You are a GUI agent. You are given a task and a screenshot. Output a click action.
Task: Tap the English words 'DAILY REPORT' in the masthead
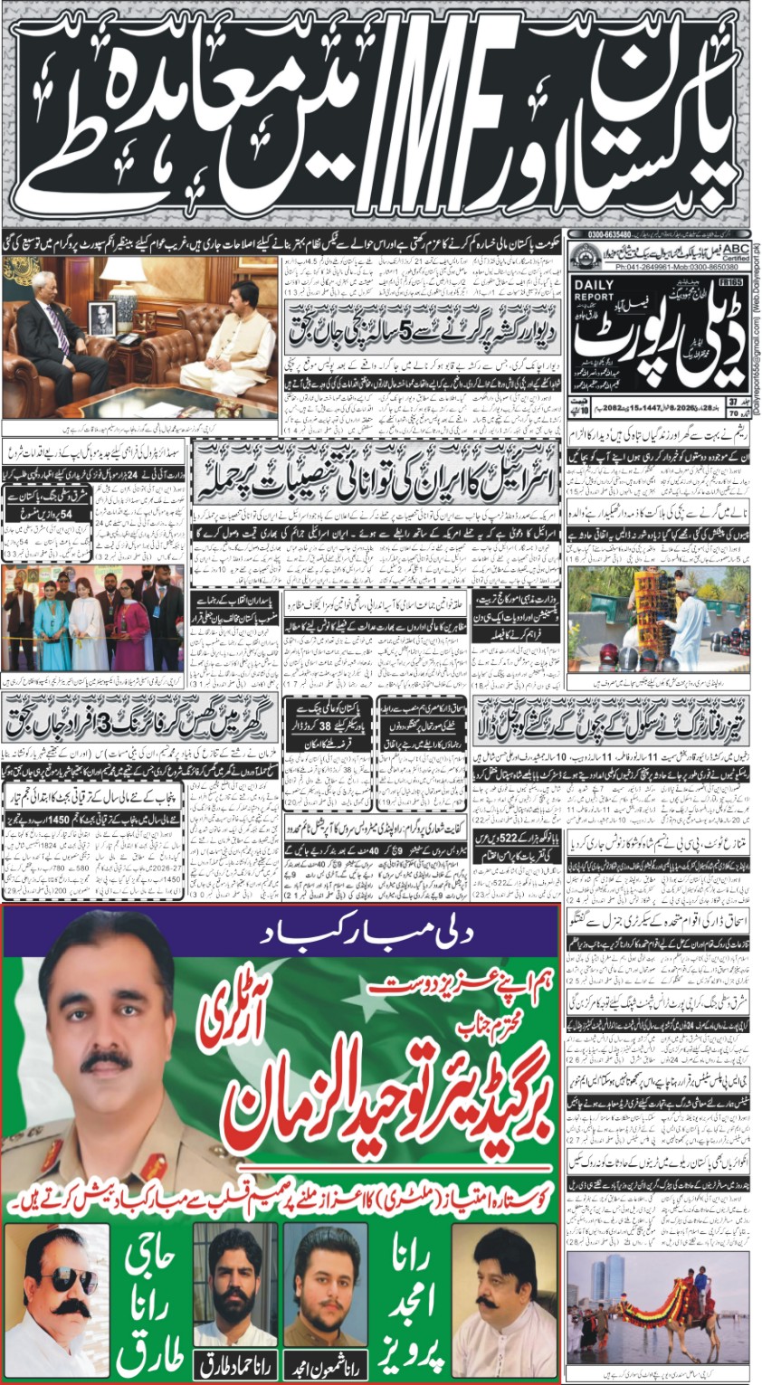click(x=593, y=290)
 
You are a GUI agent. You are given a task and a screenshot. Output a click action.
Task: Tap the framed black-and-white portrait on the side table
click(x=101, y=318)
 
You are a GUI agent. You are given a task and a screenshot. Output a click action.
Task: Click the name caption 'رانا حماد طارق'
click(x=235, y=1366)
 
